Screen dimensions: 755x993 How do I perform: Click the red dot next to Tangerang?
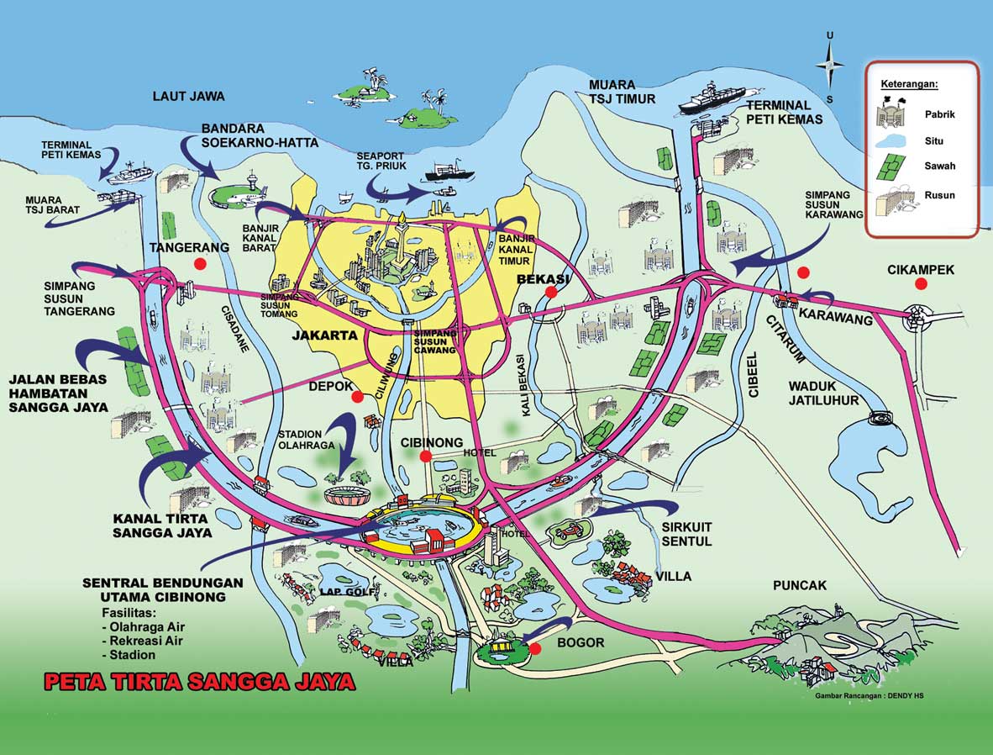tap(199, 264)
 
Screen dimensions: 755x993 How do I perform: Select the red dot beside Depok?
tap(357, 397)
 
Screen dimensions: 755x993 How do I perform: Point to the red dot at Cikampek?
tap(921, 284)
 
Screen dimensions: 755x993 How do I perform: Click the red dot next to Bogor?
tap(535, 648)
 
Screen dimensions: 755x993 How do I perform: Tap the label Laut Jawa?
tap(188, 96)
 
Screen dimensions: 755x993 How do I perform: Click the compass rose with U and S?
tap(830, 66)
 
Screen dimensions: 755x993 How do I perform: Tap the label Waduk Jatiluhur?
tap(823, 393)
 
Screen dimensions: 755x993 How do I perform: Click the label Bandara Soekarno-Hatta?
tap(260, 135)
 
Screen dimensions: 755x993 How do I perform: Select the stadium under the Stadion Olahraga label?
tap(348, 494)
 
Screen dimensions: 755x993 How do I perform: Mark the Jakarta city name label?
tap(324, 335)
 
